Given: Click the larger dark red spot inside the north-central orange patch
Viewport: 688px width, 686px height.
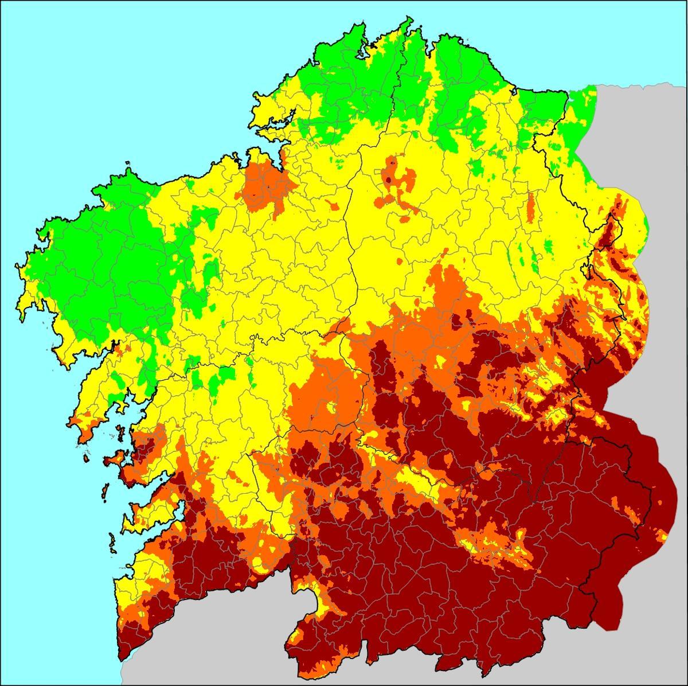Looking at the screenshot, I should [388, 179].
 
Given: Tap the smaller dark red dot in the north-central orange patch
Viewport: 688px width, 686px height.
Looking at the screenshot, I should [392, 162].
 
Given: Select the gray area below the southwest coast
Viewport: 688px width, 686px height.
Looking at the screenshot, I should [201, 642].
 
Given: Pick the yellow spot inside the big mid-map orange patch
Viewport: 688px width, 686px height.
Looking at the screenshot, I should [331, 407].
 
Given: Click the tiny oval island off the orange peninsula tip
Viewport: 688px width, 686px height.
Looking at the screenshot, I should [86, 458].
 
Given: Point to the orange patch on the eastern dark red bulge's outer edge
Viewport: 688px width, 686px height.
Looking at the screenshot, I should [662, 536].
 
